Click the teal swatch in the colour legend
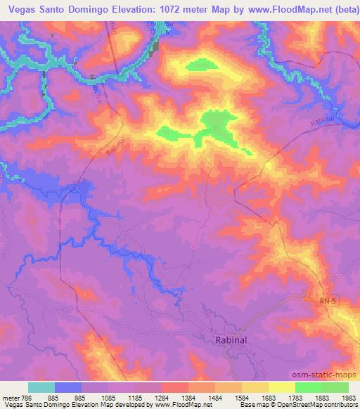point(41,387)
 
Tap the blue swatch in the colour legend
point(67,387)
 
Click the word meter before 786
point(10,397)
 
